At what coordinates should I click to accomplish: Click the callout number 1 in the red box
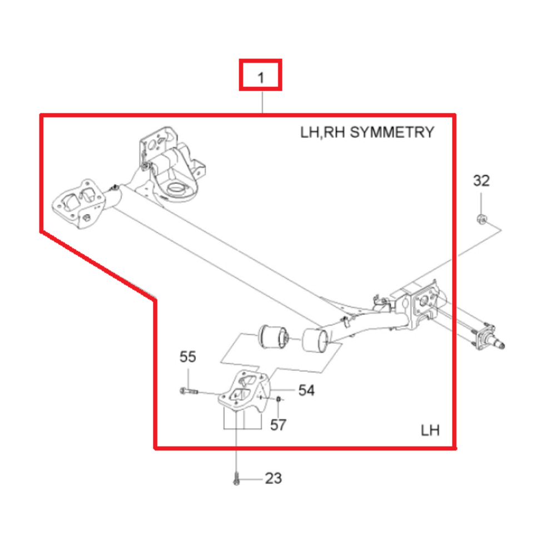click(x=261, y=78)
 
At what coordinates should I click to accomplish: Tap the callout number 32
click(x=481, y=181)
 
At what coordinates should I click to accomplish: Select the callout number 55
click(x=187, y=357)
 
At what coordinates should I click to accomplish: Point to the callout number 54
click(x=306, y=390)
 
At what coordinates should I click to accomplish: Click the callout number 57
click(x=278, y=425)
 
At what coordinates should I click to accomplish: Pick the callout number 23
click(x=274, y=478)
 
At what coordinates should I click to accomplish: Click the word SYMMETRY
click(x=392, y=133)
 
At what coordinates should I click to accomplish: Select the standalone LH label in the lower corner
click(x=430, y=430)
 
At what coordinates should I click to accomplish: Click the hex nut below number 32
click(x=481, y=219)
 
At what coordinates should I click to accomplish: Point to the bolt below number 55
click(x=189, y=391)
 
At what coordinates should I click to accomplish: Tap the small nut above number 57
click(x=279, y=399)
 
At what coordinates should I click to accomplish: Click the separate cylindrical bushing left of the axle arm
click(x=273, y=336)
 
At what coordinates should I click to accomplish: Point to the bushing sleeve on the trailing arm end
click(x=315, y=341)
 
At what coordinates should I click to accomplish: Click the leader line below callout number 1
click(x=262, y=102)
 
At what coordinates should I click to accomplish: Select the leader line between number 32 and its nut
click(x=481, y=203)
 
